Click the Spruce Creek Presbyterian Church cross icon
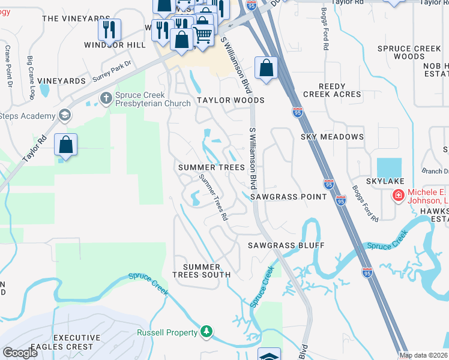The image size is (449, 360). click(x=106, y=98)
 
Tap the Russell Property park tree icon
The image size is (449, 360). click(x=206, y=332)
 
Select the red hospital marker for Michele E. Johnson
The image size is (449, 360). click(x=398, y=195)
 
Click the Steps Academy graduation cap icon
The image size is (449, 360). click(x=64, y=115)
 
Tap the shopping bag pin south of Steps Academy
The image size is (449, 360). click(x=65, y=145)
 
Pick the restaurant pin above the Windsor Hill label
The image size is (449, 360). click(x=109, y=29)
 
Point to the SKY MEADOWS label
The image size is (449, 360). click(x=332, y=137)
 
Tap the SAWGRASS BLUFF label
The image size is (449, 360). click(x=286, y=245)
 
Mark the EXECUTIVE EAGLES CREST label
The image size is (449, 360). click(x=64, y=343)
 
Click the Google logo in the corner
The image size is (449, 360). click(x=20, y=353)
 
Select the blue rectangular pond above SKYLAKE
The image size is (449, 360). click(x=390, y=167)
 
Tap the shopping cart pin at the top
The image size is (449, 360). click(x=203, y=36)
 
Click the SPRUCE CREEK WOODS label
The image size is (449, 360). click(x=410, y=52)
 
